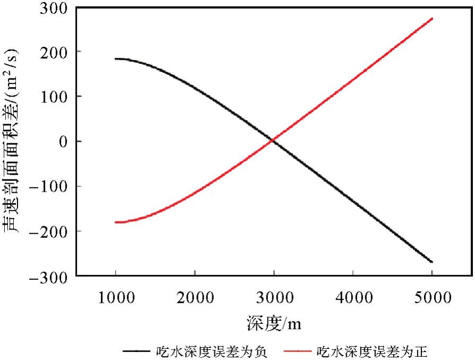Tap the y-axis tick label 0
coord(62,141)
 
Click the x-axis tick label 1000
coord(116,297)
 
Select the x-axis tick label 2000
coord(195,297)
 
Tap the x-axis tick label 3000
coord(274,297)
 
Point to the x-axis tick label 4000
coord(353,297)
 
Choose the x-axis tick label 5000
coord(432,297)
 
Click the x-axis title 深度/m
coord(274,322)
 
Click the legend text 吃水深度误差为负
coord(211,351)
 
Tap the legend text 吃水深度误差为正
coord(372,351)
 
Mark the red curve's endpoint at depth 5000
coord(432,19)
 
